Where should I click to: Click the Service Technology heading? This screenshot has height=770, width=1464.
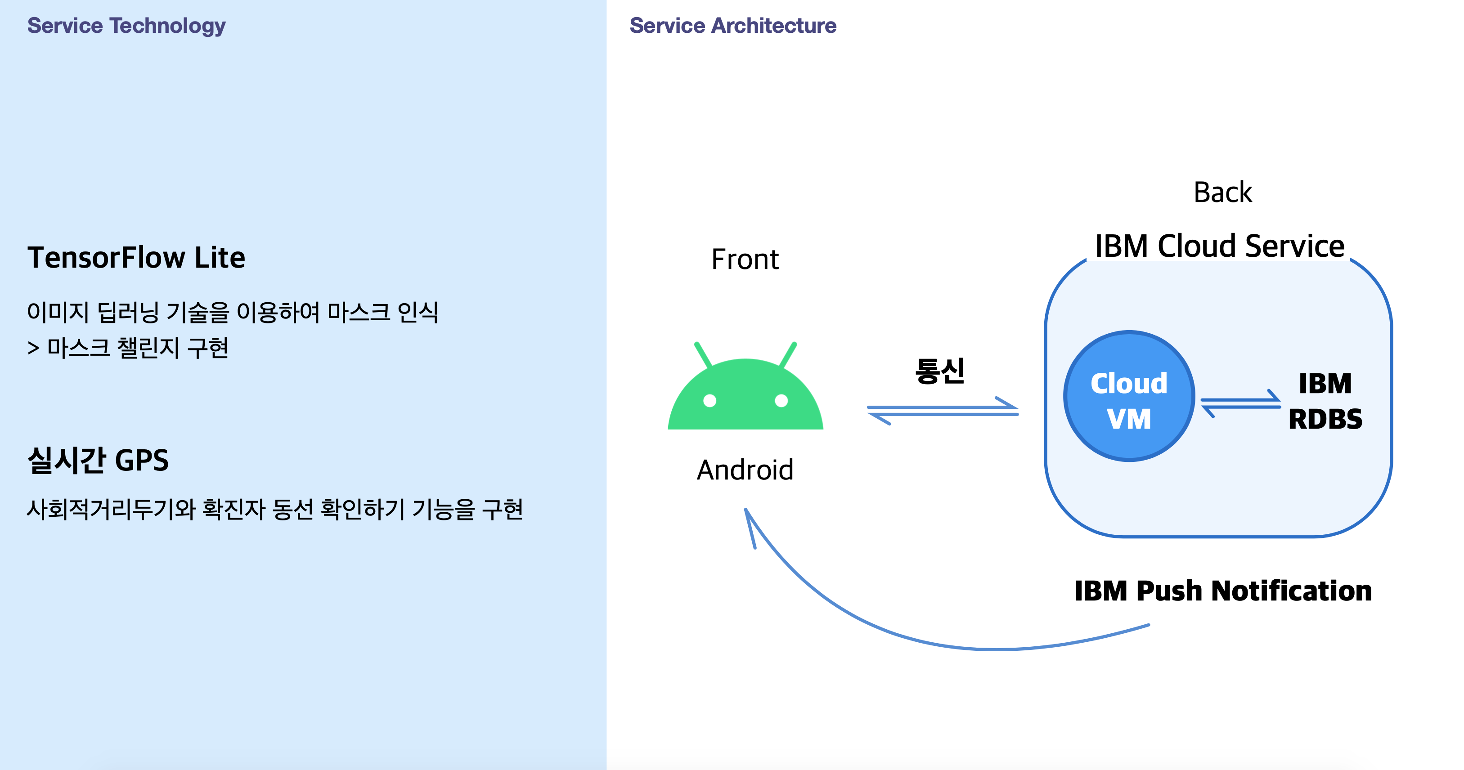[126, 26]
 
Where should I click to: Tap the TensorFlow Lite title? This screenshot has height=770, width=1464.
[136, 257]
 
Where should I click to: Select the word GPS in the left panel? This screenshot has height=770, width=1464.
[142, 460]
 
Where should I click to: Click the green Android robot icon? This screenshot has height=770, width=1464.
[745, 395]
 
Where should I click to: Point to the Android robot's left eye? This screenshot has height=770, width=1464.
[710, 401]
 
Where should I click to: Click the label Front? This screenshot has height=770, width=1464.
[745, 260]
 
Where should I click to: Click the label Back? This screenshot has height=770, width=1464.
[1222, 192]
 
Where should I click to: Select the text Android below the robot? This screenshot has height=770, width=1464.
[745, 470]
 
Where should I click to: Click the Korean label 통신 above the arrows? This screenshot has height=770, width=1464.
[940, 371]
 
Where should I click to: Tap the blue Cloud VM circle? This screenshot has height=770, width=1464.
[1129, 396]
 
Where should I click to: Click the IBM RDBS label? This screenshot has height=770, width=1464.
[1325, 401]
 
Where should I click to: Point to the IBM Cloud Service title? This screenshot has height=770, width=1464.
[1220, 246]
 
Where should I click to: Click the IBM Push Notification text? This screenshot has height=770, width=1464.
[1222, 591]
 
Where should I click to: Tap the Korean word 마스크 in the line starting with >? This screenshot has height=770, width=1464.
[78, 348]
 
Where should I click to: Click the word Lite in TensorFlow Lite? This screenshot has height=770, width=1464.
[220, 257]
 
